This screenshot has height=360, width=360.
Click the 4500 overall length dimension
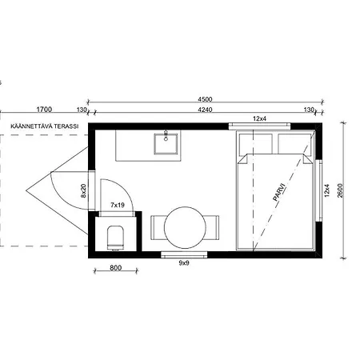point(205,99)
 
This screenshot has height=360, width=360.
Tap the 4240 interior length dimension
point(205,110)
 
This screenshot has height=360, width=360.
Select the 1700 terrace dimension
point(44,110)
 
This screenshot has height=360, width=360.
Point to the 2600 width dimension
point(341,190)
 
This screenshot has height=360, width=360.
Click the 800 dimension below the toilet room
point(115,267)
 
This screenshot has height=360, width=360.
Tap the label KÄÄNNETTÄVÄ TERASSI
point(45,126)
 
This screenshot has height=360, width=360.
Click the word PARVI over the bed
point(279,191)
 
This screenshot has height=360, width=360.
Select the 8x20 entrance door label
point(84,191)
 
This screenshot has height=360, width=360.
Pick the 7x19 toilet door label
point(118,205)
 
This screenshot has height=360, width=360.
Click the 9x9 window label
point(184,263)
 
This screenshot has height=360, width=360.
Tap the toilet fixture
point(116,238)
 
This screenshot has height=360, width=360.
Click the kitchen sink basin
point(166,144)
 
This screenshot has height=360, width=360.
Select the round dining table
point(185,227)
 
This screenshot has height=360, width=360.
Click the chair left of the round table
point(158,227)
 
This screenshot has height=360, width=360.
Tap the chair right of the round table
point(212,227)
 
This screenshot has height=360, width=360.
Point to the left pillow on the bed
point(256,144)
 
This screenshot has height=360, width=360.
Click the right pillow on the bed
point(294,144)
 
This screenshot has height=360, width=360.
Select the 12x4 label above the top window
point(259,118)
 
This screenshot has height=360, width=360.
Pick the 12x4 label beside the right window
point(327,190)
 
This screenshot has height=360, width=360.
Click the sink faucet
point(166,135)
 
